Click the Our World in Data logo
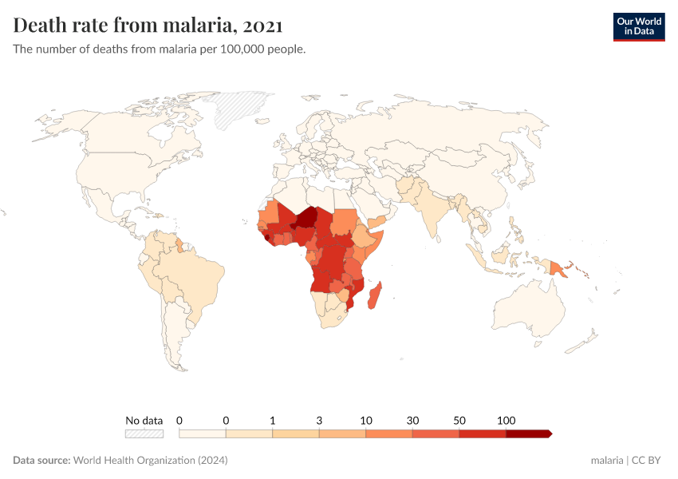[x=638, y=26]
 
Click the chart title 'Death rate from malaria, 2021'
[x=148, y=26]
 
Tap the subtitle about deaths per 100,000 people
[x=160, y=49]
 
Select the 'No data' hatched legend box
[x=144, y=433]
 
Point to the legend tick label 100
[x=506, y=420]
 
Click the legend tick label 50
[x=459, y=420]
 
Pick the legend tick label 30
[x=412, y=420]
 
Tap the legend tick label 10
[x=366, y=420]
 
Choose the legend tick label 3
[x=319, y=420]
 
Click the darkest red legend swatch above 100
[x=528, y=433]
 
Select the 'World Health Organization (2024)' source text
[x=150, y=461]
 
